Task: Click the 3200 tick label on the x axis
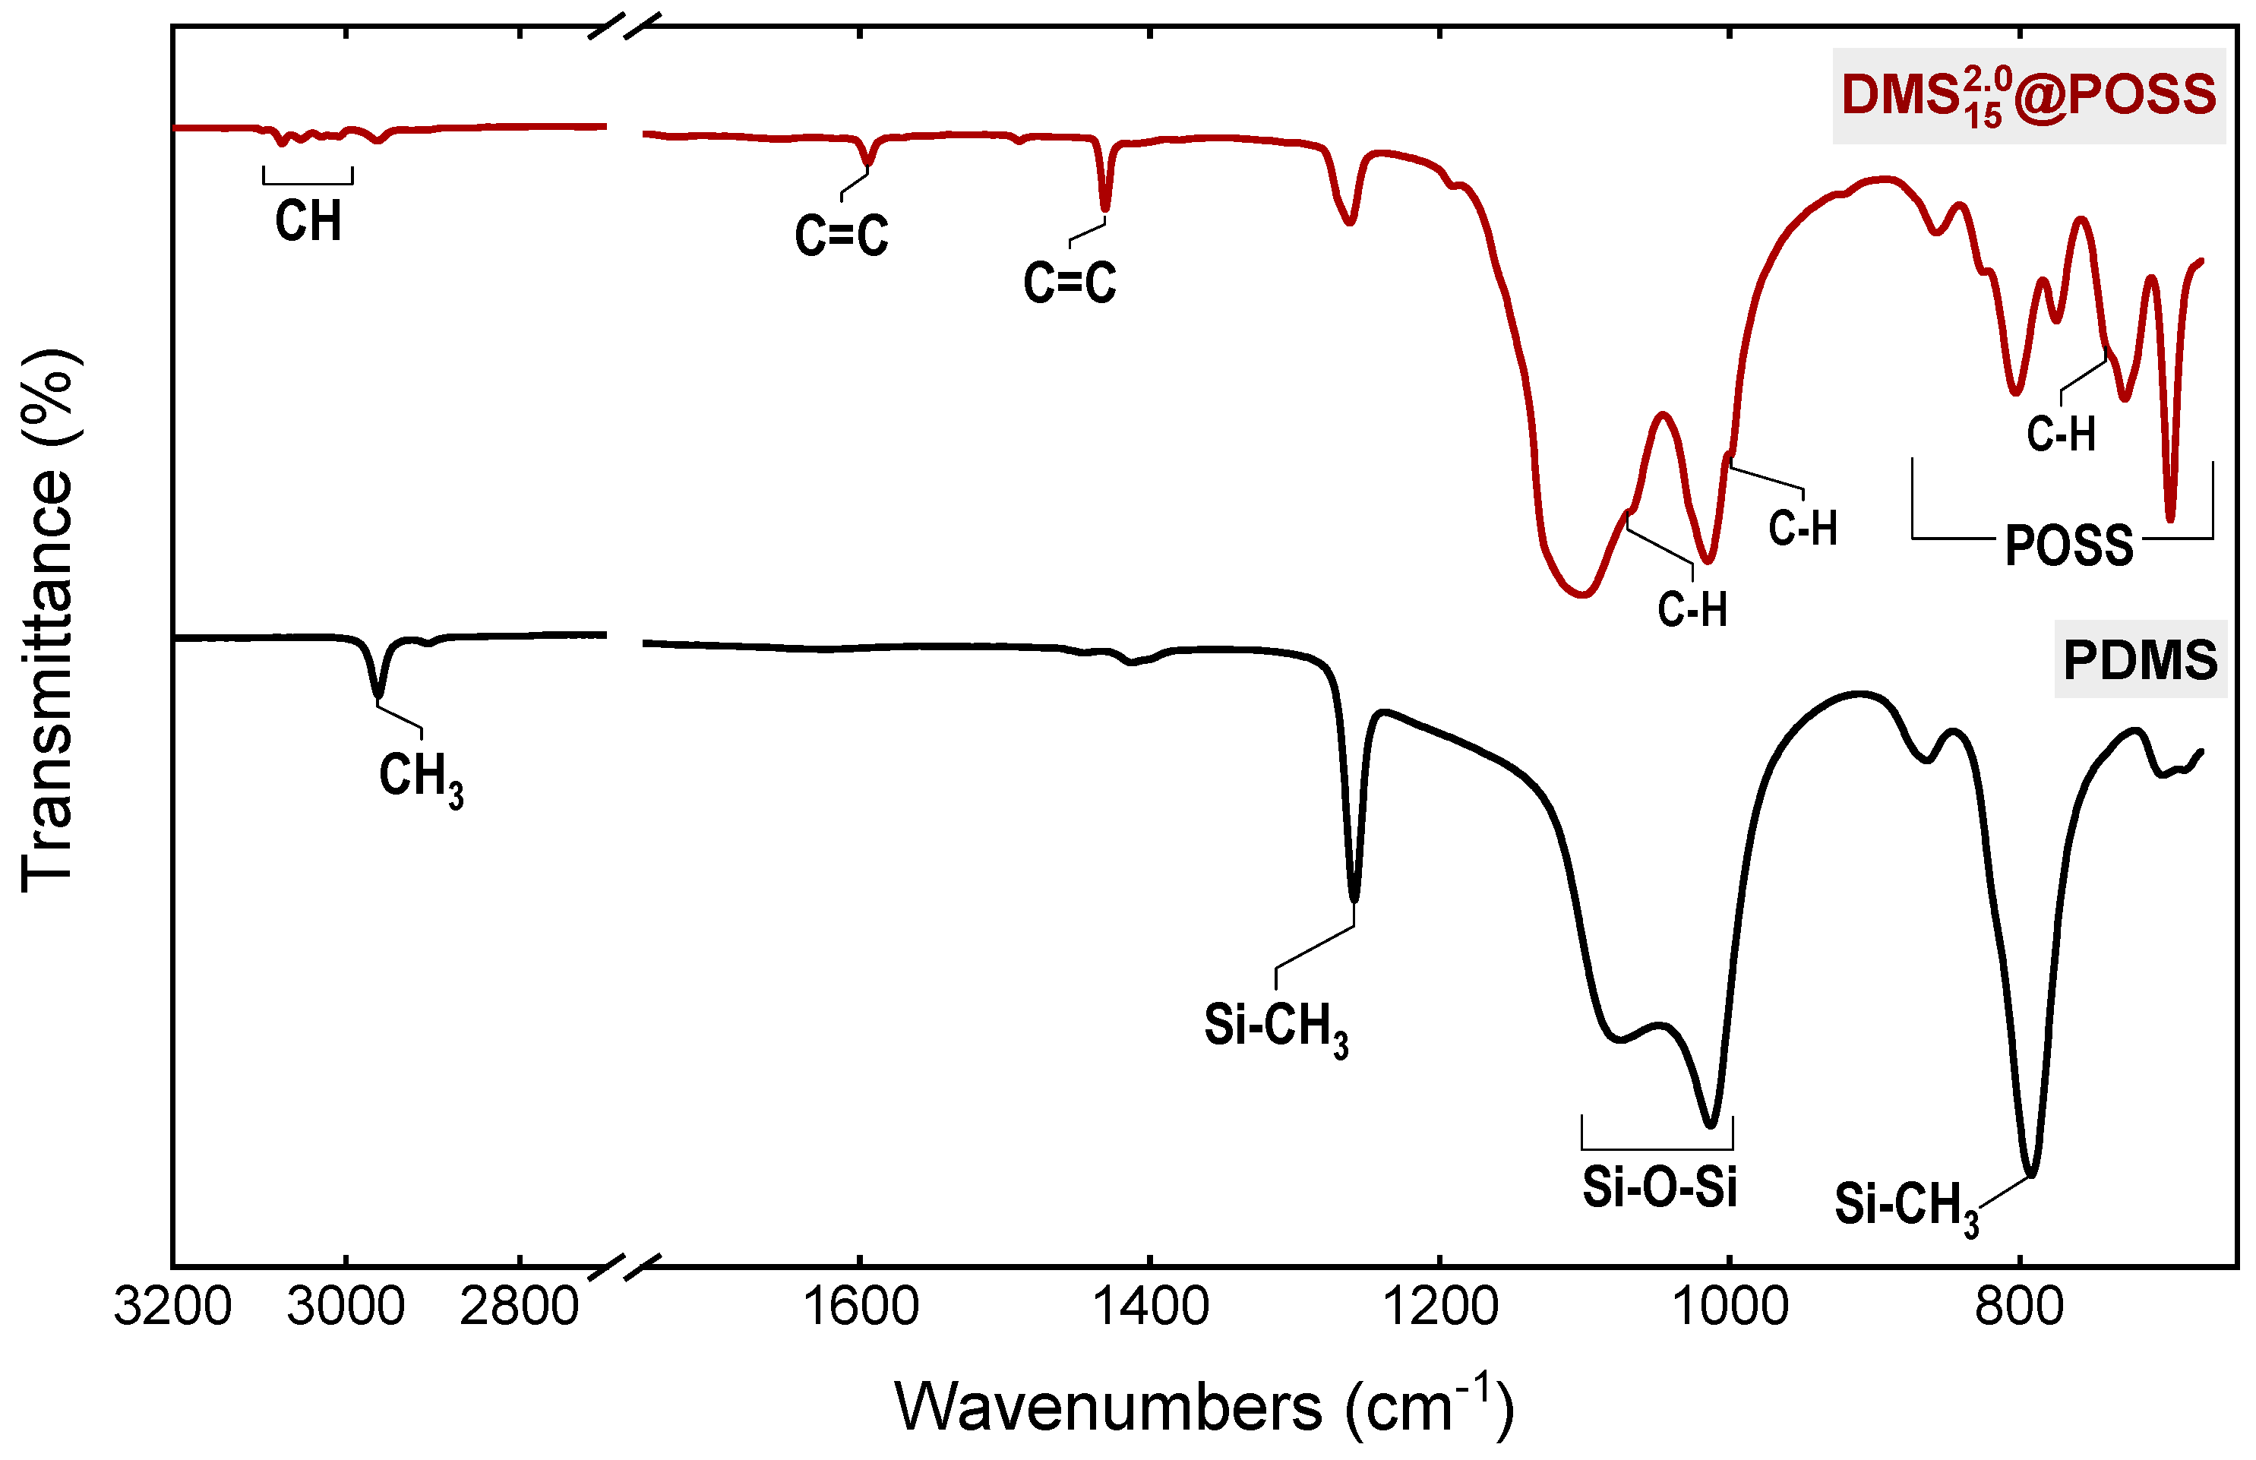pos(172,1307)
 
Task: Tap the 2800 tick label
pos(519,1307)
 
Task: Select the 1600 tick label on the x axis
pos(860,1307)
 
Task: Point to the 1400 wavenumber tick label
pos(1150,1307)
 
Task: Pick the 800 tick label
pos(2020,1307)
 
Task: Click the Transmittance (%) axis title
pos(47,621)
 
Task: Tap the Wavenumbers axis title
pos(1204,1407)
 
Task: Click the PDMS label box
pos(2141,660)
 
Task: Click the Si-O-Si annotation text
pos(1659,1187)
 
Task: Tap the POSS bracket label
pos(2068,546)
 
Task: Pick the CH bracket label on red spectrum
pos(308,222)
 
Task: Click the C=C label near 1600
pos(841,235)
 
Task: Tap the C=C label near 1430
pos(1070,283)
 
